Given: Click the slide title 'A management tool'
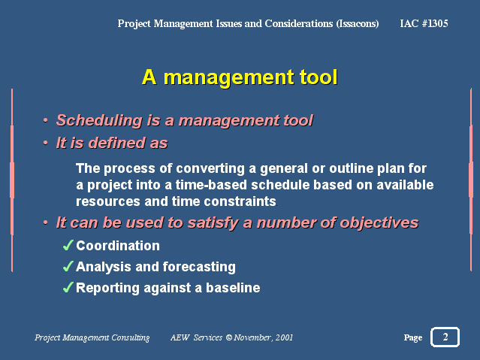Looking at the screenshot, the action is pos(240,77).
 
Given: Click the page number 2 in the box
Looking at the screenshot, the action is pos(445,337).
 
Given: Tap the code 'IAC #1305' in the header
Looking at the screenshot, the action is pos(424,23).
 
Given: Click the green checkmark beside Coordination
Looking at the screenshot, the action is pos(68,245).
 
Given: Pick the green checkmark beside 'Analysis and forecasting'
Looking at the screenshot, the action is pos(68,266).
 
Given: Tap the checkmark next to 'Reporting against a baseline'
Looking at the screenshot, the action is pos(68,287).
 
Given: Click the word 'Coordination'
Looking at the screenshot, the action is pos(118,246).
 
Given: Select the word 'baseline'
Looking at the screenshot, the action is pos(233,288).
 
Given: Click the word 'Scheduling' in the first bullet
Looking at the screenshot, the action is pos(99,120).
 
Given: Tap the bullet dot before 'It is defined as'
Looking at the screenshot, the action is pos(45,143).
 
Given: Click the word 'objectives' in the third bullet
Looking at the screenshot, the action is pos(379,222).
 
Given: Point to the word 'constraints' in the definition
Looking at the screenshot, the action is pos(240,201).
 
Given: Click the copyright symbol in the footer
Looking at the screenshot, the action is pos(228,337).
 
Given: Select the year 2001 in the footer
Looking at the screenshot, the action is pos(284,337).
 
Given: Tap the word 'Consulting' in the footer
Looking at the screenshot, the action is pos(131,337).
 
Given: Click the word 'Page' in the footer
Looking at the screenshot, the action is pos(413,337).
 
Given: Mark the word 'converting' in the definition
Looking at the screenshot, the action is pos(210,168).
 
